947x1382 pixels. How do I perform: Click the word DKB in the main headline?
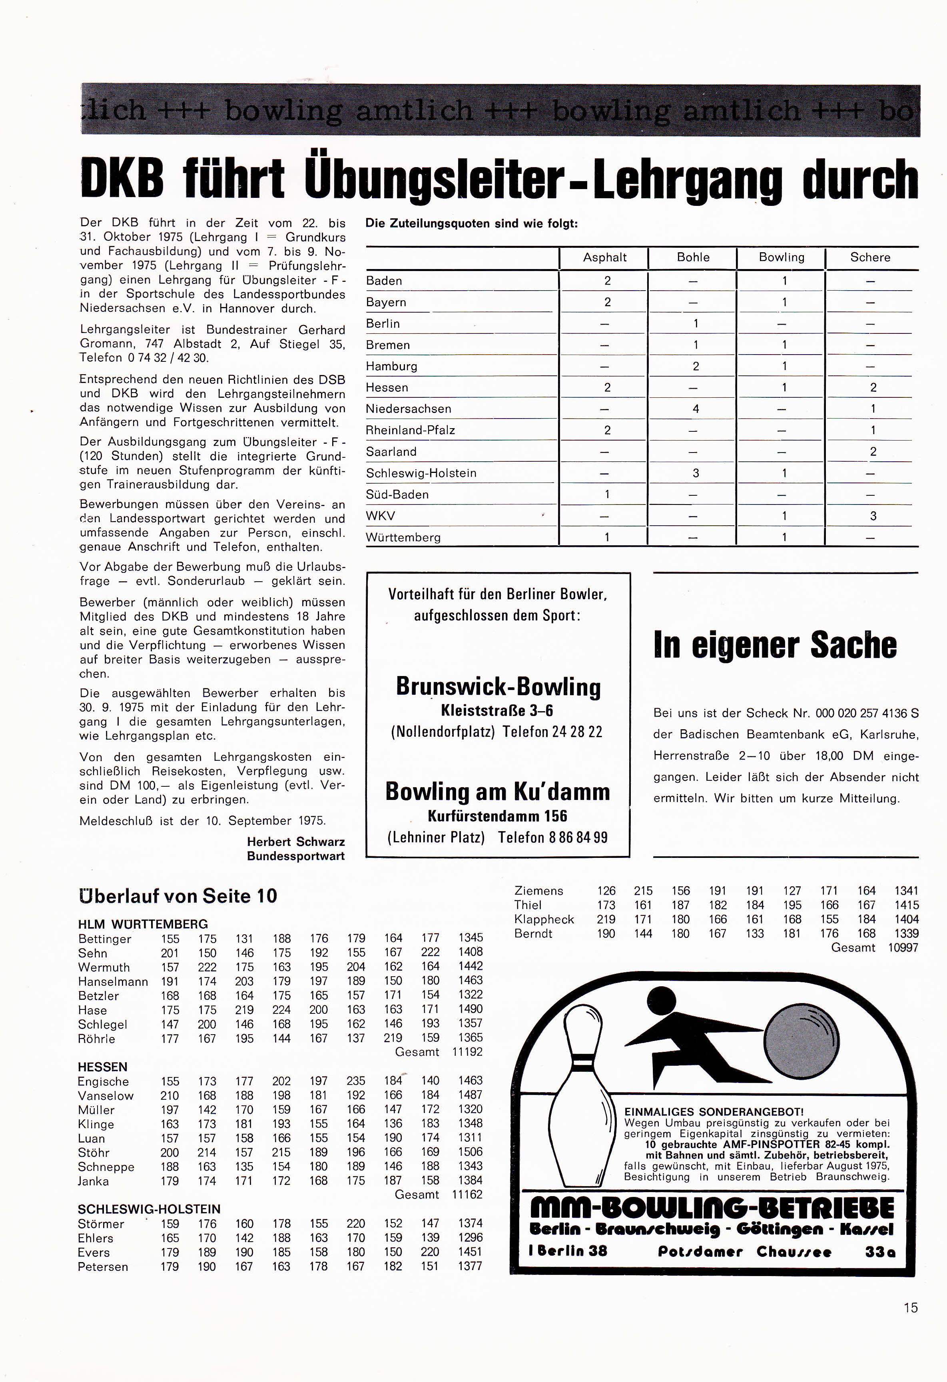tap(122, 178)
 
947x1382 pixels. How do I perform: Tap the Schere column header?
tap(870, 257)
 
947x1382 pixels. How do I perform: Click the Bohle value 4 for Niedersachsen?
tap(696, 409)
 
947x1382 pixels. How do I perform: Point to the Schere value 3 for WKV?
tap(873, 516)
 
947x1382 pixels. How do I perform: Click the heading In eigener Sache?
tap(775, 645)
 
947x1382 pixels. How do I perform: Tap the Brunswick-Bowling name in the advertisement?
tap(498, 687)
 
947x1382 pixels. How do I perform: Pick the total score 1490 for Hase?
tap(470, 1009)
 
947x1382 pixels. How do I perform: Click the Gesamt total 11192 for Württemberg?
tap(467, 1052)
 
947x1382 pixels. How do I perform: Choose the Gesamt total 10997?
tap(903, 948)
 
